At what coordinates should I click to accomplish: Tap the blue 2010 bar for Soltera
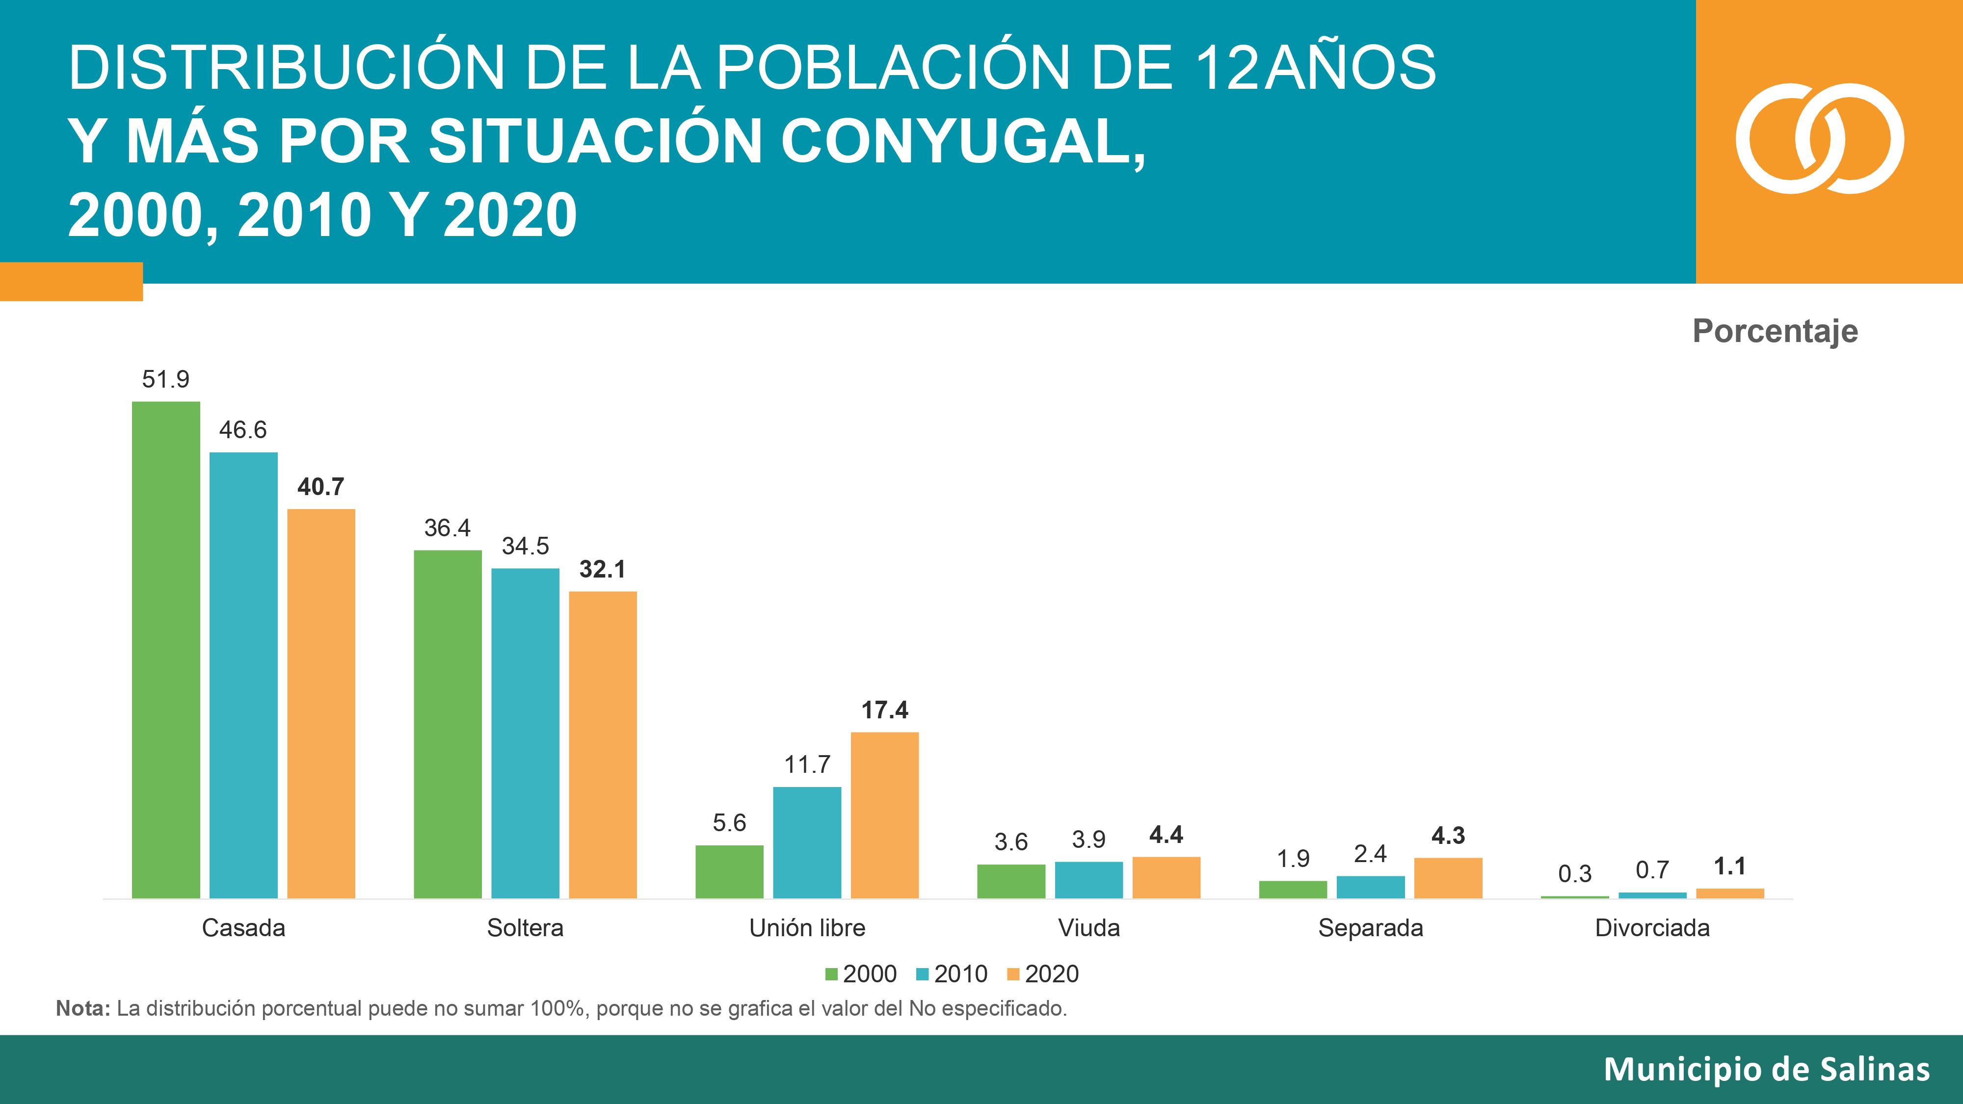pos(525,732)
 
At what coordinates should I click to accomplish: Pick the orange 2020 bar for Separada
pos(1448,878)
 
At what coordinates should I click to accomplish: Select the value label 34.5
pos(525,546)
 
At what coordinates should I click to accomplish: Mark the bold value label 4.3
pos(1448,836)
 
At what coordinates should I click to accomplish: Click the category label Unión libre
pos(807,928)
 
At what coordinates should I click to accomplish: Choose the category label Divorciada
pos(1652,928)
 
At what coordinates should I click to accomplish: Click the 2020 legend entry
pos(1043,973)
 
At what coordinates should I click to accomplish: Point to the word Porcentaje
pos(1775,331)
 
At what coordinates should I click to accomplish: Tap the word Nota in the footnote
pos(82,1009)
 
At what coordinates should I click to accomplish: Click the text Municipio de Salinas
pos(1766,1070)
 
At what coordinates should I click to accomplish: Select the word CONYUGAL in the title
pos(962,142)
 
